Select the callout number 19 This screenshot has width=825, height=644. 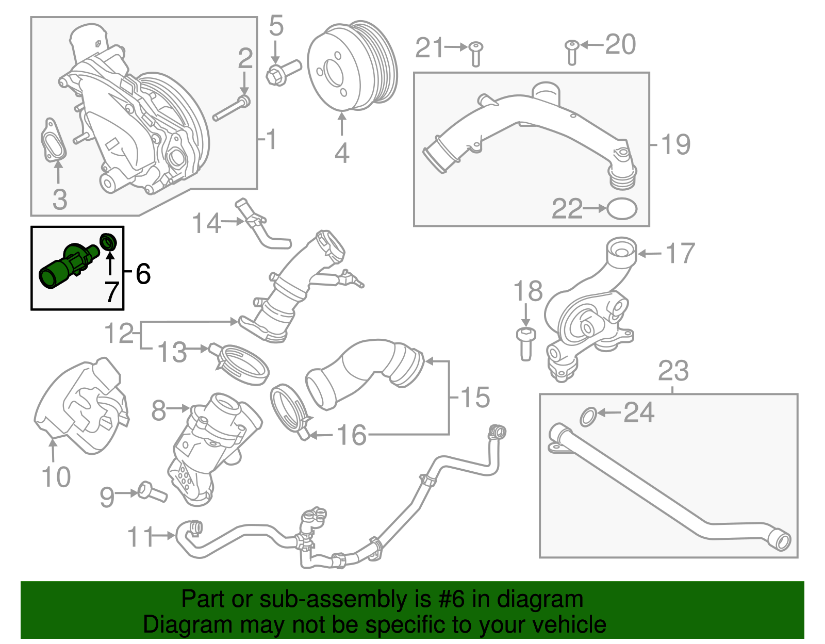click(675, 144)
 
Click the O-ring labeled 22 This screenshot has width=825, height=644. click(622, 209)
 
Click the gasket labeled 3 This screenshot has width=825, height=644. click(54, 140)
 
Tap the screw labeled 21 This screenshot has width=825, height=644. click(475, 54)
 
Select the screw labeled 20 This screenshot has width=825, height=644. click(571, 52)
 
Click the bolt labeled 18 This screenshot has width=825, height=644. click(525, 343)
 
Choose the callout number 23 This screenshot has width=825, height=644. click(673, 371)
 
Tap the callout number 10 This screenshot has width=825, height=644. click(56, 477)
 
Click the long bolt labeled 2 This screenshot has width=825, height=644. click(230, 109)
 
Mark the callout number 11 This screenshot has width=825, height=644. click(140, 537)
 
